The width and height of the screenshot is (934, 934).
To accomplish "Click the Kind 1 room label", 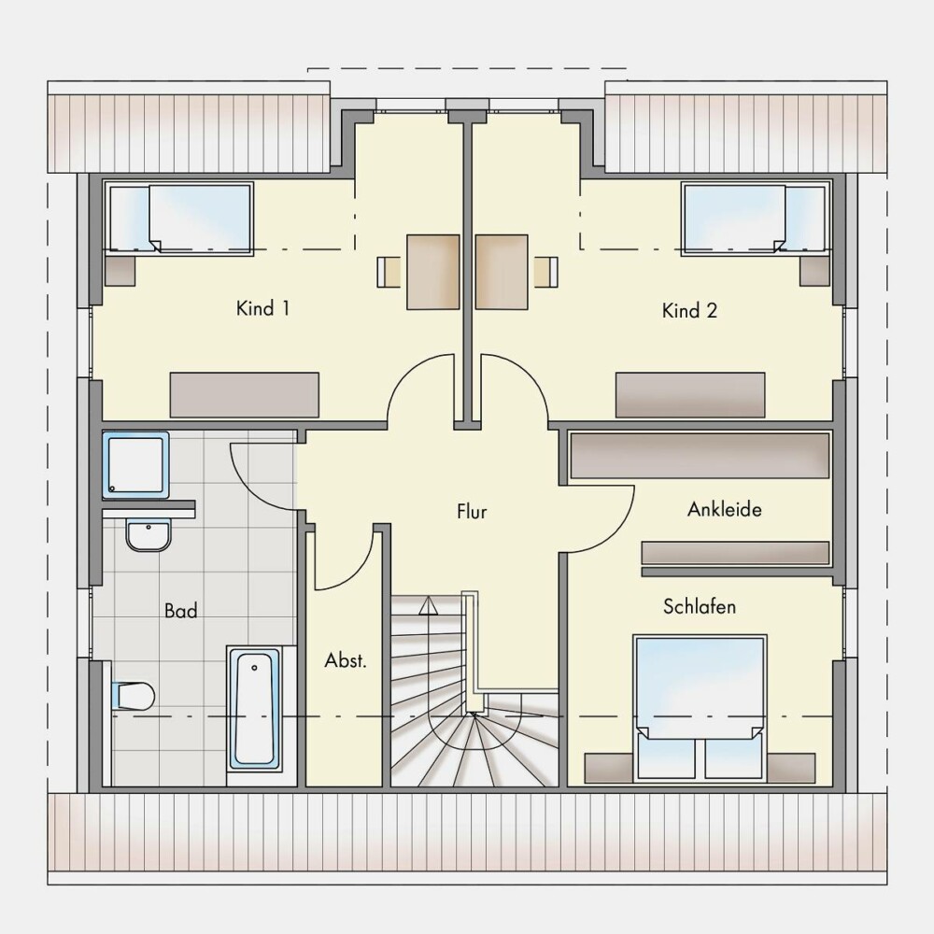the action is (x=262, y=308).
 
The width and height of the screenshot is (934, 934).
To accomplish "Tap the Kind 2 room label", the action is (x=689, y=310).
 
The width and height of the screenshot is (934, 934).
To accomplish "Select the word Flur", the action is (x=472, y=511).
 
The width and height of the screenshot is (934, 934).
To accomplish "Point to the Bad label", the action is (x=180, y=611).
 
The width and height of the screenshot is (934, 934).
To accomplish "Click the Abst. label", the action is (x=346, y=660).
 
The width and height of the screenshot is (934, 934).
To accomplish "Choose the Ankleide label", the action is (x=725, y=509).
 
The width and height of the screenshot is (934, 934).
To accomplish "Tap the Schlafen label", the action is (x=700, y=606).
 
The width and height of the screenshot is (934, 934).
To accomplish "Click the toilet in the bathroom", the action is (x=133, y=696).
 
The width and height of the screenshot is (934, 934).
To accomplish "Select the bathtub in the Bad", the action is (x=254, y=709).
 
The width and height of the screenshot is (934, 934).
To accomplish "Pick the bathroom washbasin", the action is (x=149, y=534).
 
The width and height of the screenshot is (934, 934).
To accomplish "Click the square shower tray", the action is (x=135, y=465).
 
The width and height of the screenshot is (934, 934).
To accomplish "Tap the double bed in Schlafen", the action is (x=700, y=708).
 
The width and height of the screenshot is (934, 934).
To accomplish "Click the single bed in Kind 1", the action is (x=178, y=219).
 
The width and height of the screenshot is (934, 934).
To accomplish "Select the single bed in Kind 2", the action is (x=756, y=219).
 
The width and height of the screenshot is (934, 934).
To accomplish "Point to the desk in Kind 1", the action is (x=433, y=272).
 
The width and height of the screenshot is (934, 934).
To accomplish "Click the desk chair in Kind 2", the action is (x=546, y=272).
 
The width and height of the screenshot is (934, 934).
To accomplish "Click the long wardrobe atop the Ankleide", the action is (x=700, y=456).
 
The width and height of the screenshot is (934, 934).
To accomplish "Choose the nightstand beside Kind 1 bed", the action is (x=120, y=271).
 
